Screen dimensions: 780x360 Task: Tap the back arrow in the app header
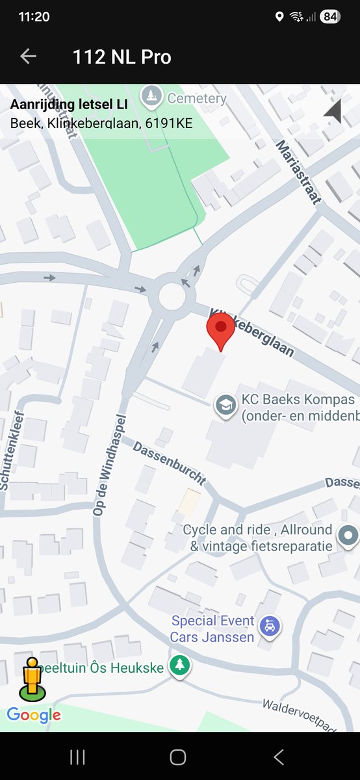[28, 57]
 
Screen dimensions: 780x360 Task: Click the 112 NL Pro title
[122, 57]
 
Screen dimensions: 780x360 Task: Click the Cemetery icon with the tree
[151, 97]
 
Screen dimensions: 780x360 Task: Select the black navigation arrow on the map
[333, 111]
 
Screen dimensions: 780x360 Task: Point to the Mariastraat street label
[298, 172]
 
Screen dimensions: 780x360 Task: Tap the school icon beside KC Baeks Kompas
[225, 406]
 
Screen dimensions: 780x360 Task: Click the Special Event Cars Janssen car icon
[269, 627]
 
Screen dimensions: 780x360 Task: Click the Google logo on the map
[34, 716]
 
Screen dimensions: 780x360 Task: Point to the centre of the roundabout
[172, 297]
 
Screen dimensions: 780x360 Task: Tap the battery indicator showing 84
[330, 17]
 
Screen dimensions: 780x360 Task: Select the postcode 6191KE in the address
[170, 123]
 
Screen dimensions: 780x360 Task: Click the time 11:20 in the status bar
[34, 17]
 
